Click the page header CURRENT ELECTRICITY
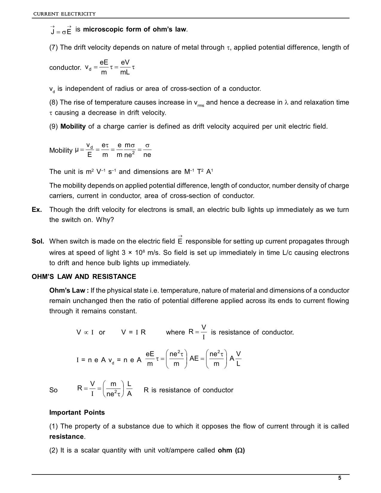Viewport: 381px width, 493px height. (x=64, y=14)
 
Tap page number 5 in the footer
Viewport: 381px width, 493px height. (x=339, y=478)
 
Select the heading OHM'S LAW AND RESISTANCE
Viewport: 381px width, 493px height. (x=84, y=277)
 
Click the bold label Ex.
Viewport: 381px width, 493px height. (x=37, y=210)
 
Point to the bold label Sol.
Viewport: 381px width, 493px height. (x=38, y=241)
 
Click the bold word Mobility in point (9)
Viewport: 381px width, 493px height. (x=73, y=126)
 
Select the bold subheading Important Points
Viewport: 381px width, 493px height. (x=77, y=413)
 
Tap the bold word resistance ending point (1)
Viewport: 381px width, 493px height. (x=67, y=437)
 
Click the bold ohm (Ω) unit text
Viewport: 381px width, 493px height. (x=231, y=450)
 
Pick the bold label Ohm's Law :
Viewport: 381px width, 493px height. (x=69, y=290)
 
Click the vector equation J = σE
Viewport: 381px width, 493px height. (x=61, y=30)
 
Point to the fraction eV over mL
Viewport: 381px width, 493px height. (x=125, y=67)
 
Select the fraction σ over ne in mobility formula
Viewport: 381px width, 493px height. (x=147, y=150)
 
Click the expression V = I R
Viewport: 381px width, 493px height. (x=133, y=332)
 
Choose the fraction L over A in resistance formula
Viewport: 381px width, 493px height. (x=129, y=389)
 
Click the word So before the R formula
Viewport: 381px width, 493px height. (x=53, y=390)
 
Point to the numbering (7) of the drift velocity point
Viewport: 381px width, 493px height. (x=54, y=48)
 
